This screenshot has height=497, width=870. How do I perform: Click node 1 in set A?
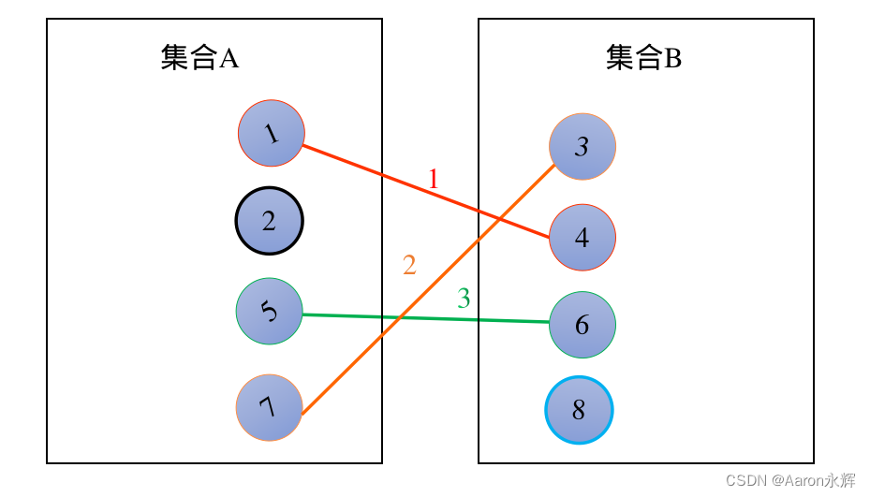coord(272,133)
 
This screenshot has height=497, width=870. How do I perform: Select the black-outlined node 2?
coord(269,221)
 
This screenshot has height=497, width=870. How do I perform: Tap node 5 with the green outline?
coord(270,311)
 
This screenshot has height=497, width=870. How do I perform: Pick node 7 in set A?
coord(270,407)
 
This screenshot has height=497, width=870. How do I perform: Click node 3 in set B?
coord(582,146)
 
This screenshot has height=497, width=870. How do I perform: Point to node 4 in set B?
coord(582,238)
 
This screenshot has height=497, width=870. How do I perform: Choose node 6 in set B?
coord(582,325)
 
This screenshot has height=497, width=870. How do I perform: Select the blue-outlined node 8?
coord(579,410)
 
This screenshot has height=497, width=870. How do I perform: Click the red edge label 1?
coord(433,178)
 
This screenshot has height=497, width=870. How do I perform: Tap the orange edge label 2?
coord(409,265)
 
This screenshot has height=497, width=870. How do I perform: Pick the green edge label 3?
coord(464,299)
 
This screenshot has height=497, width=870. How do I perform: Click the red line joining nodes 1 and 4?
coord(375,171)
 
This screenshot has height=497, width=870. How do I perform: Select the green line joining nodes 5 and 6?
coord(421,318)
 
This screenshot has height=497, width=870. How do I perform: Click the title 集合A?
coord(199,59)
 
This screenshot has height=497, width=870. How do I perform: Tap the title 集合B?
coord(643,59)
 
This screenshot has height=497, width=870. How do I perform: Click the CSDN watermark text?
coord(790,480)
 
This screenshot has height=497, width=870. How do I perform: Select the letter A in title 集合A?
coord(229,59)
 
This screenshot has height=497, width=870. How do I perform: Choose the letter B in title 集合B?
coord(672,59)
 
